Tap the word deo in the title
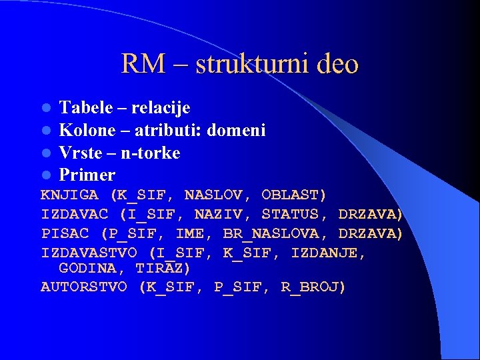coord(337,64)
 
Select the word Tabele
coord(82,107)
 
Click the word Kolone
coord(85,130)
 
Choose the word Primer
coord(87,175)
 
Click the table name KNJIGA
coord(70,195)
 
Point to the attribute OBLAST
coord(294,195)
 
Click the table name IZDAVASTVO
coord(89,253)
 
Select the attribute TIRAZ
coord(163,268)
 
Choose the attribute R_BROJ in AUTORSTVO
coord(313,287)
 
